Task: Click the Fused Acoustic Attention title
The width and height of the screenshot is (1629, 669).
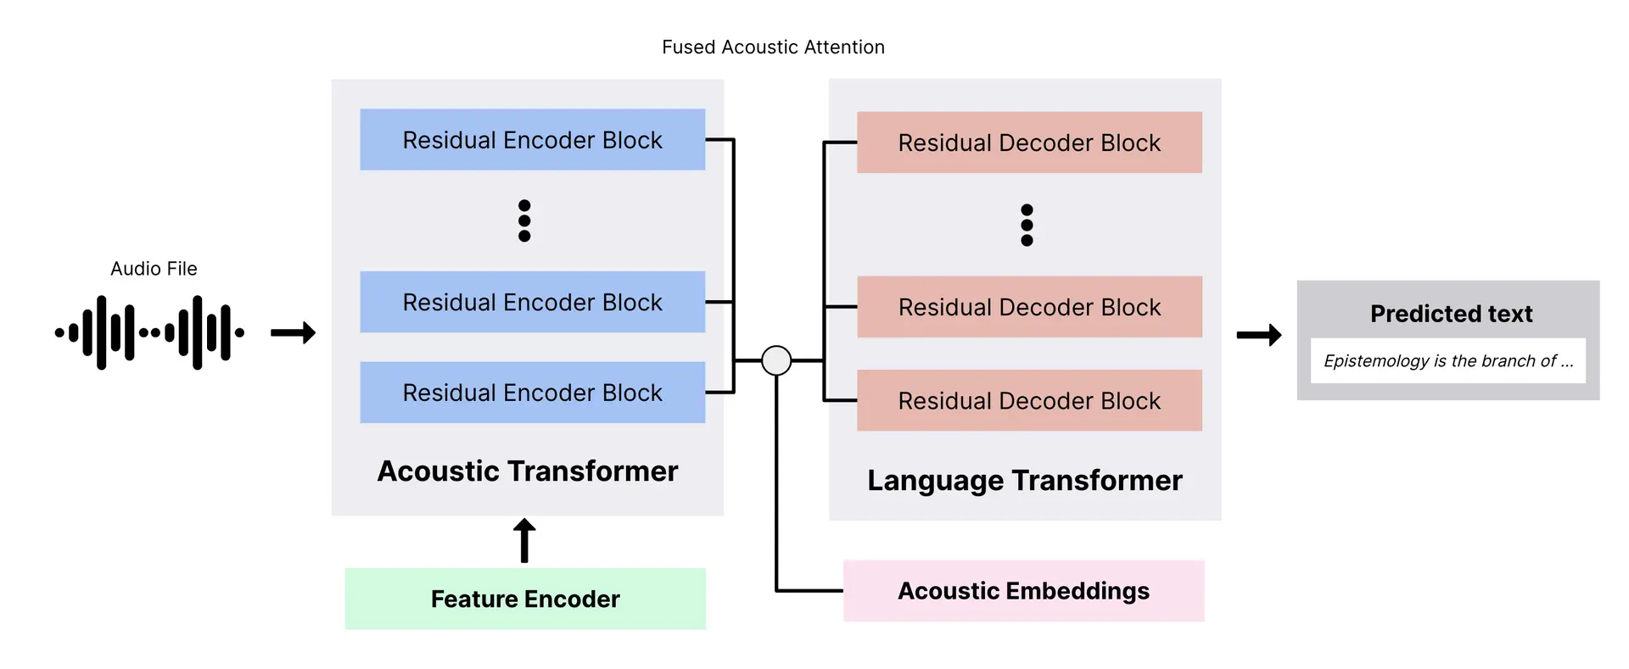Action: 773,47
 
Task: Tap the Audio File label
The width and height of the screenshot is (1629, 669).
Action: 154,269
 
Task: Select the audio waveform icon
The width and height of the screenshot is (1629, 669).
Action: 149,332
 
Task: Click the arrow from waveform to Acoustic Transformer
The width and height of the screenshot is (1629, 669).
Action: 293,332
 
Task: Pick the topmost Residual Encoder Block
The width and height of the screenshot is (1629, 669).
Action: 532,140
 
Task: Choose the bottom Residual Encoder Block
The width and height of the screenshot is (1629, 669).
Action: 532,393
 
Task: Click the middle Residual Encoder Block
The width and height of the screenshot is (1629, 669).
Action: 532,302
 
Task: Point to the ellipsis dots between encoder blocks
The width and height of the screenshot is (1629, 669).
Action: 524,220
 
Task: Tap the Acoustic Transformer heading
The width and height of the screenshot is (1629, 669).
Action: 527,471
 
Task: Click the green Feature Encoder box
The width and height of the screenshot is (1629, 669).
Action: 525,599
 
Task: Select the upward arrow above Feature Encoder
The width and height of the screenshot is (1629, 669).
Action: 524,540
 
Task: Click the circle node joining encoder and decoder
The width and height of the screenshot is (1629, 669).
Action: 776,360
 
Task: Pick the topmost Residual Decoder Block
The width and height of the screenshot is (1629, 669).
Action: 1029,142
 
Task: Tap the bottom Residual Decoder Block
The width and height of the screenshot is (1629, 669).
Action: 1029,400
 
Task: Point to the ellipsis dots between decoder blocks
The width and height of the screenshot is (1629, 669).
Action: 1027,225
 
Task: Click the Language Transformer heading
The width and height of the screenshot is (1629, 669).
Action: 1024,480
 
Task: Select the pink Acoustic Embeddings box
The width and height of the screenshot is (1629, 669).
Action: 1023,591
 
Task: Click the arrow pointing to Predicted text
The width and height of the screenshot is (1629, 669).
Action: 1258,335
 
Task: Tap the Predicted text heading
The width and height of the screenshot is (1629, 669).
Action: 1451,314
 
